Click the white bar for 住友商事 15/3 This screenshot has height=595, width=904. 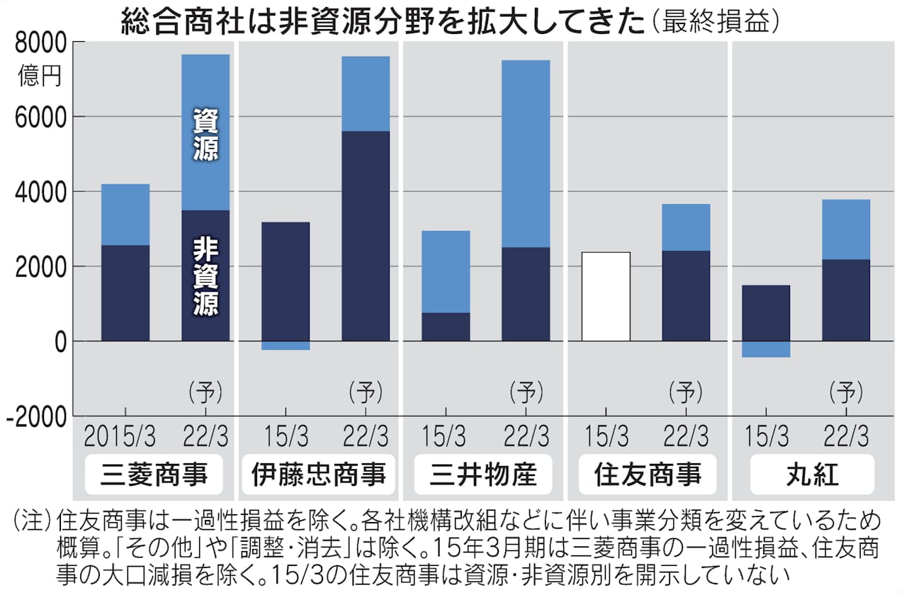click(606, 296)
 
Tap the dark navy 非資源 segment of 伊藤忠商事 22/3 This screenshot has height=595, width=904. click(366, 236)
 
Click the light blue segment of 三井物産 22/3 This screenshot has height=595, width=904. click(526, 153)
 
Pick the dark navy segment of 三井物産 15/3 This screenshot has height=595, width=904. click(446, 327)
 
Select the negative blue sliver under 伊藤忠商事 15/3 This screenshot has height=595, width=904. click(286, 346)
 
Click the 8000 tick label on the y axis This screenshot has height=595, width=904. click(40, 44)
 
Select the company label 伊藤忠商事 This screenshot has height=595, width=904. click(319, 474)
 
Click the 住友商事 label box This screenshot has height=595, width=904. click(648, 474)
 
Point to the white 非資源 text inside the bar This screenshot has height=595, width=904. click(205, 276)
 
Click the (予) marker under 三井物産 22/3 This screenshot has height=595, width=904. click(526, 390)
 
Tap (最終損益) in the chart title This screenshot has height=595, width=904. click(717, 21)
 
